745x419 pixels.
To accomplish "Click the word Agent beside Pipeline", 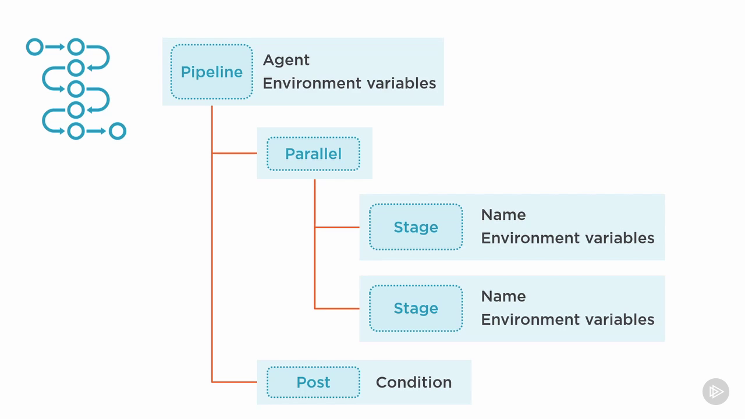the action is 286,61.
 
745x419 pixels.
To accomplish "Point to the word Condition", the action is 414,382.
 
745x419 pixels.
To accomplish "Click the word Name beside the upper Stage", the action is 503,215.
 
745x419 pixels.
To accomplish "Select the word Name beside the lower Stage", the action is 503,296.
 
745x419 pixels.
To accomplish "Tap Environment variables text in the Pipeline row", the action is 349,83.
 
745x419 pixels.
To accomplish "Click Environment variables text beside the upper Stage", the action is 567,238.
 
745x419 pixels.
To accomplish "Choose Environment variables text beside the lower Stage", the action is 567,319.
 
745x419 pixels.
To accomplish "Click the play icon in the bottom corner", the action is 716,392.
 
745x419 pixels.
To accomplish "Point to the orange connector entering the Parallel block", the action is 235,153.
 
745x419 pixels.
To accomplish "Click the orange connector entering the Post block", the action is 235,382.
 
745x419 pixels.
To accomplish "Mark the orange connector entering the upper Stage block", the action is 337,227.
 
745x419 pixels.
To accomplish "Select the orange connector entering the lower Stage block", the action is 337,308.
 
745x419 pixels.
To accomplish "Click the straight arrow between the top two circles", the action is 55,47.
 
